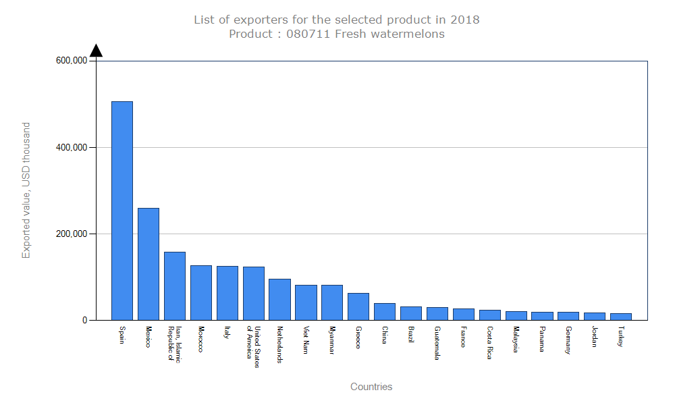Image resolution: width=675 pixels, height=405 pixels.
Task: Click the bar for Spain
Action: point(122,211)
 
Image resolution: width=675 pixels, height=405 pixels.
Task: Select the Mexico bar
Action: point(148,264)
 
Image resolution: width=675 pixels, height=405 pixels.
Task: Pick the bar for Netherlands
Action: point(279,299)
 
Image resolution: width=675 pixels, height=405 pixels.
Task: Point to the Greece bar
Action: point(358,306)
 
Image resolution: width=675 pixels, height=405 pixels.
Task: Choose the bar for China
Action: point(384,311)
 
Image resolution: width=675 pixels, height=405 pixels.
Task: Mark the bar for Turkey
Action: point(620,317)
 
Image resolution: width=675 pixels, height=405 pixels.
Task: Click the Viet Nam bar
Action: point(306,302)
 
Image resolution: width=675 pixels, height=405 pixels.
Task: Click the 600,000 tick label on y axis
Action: point(72,61)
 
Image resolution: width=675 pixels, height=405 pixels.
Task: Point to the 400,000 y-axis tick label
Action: point(72,147)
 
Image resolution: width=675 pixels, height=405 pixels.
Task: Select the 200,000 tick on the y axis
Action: point(72,234)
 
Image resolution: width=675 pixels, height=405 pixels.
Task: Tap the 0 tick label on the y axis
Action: point(85,320)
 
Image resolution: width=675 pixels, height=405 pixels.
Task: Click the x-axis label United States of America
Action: point(253,347)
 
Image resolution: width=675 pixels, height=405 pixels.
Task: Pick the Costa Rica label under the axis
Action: point(489,343)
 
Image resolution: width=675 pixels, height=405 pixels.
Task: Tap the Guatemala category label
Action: point(437,343)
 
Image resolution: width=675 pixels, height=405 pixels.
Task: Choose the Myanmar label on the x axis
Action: point(331,341)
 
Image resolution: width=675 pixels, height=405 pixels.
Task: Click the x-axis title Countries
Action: point(371,387)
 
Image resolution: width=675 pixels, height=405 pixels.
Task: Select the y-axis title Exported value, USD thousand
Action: point(26,190)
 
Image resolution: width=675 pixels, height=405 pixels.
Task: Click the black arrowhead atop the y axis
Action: point(96,51)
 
